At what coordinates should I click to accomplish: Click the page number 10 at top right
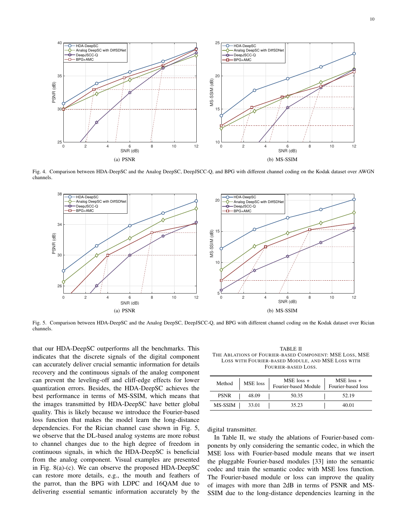pyautogui.click(x=372, y=19)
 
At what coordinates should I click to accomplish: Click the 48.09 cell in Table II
pyautogui.click(x=254, y=395)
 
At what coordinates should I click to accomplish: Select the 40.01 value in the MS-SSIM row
pyautogui.click(x=348, y=405)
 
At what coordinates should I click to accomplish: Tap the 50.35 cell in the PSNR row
pyautogui.click(x=297, y=395)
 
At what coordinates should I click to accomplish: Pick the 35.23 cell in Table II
pyautogui.click(x=297, y=405)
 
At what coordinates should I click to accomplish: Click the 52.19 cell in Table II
pyautogui.click(x=348, y=395)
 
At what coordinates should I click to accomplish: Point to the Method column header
pyautogui.click(x=224, y=383)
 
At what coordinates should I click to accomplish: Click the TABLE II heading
pyautogui.click(x=291, y=349)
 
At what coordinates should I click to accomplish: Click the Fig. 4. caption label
pyautogui.click(x=39, y=172)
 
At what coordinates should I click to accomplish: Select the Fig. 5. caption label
pyautogui.click(x=39, y=323)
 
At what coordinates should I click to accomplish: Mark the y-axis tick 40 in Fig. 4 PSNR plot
pyautogui.click(x=59, y=43)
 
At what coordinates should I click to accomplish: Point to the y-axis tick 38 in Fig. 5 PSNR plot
pyautogui.click(x=59, y=194)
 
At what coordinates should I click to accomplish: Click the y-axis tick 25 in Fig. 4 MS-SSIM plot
pyautogui.click(x=217, y=43)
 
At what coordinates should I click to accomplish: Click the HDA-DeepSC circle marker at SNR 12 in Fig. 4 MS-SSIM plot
pyautogui.click(x=354, y=53)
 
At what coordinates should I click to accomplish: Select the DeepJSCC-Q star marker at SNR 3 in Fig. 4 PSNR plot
pyautogui.click(x=97, y=122)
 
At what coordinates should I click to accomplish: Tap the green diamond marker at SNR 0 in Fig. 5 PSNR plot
pyautogui.click(x=63, y=282)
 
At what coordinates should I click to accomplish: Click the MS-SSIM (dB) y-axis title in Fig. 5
pyautogui.click(x=212, y=243)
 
